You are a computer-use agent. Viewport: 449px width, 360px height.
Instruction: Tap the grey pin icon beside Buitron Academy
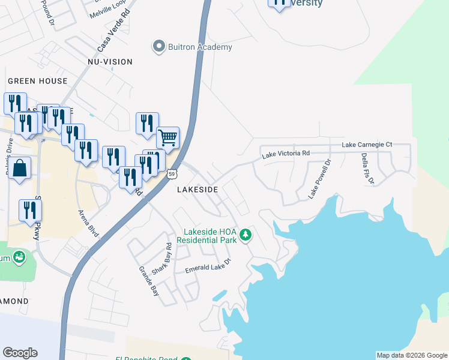click(x=159, y=46)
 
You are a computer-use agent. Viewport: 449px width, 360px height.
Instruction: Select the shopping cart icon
click(x=168, y=138)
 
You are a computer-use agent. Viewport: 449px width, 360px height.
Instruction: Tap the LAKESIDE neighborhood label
click(x=197, y=189)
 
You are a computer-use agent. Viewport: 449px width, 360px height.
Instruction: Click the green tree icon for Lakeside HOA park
click(x=245, y=235)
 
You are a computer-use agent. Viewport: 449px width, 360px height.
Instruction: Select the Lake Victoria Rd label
click(x=285, y=154)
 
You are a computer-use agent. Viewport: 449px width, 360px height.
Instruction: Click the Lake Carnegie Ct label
click(x=367, y=145)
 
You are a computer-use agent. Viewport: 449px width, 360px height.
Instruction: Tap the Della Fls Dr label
click(x=367, y=169)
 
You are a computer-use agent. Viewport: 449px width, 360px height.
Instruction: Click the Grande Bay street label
click(x=149, y=282)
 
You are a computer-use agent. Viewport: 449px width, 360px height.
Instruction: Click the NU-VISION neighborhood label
click(x=110, y=62)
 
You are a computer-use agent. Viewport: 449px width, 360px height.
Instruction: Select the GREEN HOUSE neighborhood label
click(x=38, y=80)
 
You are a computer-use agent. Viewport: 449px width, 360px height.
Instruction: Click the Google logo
click(x=20, y=353)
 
